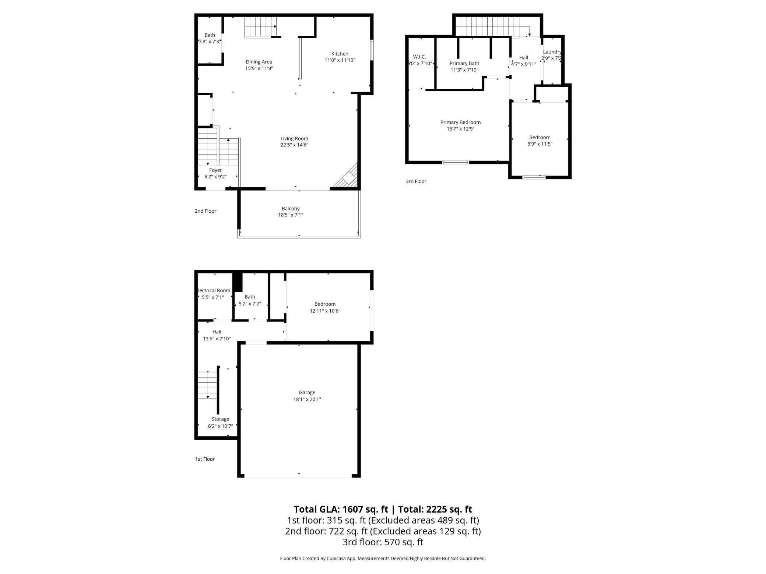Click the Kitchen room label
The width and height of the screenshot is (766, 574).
tap(340, 54)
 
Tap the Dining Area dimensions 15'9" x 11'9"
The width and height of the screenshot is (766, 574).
tap(259, 68)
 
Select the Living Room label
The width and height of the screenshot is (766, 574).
tap(294, 139)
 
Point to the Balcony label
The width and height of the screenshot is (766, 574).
tap(291, 209)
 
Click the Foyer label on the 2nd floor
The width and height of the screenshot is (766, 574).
tap(215, 170)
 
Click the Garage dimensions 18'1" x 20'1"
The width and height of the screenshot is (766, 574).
tap(307, 399)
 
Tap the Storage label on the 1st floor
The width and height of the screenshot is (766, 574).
tap(220, 419)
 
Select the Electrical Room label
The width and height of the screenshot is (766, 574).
tap(214, 290)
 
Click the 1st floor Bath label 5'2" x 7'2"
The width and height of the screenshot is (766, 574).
tap(250, 297)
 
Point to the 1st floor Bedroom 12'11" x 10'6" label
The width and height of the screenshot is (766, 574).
tap(325, 304)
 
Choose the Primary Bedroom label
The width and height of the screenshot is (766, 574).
tap(460, 122)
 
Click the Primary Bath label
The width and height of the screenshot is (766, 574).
tap(464, 63)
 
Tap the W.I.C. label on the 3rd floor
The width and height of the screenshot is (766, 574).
tap(419, 57)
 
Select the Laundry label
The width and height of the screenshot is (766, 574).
tap(552, 52)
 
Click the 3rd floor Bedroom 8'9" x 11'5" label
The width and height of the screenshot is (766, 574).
tap(540, 137)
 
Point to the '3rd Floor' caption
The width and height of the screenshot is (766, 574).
tap(416, 181)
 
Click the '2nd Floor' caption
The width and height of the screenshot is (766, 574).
tap(205, 211)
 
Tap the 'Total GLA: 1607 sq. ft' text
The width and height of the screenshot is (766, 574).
tap(341, 509)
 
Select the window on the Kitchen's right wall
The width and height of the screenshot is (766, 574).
tap(372, 50)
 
